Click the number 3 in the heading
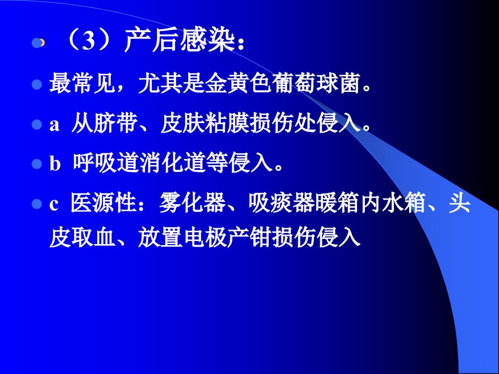[88, 42]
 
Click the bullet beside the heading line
[37, 43]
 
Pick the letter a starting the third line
[55, 125]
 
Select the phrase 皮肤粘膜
[205, 124]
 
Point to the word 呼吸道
[106, 163]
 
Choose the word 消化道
[173, 163]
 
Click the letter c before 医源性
[54, 204]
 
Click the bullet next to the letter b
[37, 164]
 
